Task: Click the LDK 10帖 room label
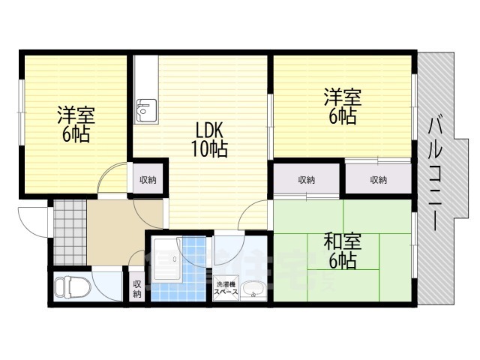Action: click(210, 139)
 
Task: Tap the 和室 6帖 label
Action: click(343, 251)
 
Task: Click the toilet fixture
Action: click(73, 287)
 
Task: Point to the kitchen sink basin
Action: click(146, 110)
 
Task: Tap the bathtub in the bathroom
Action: click(166, 259)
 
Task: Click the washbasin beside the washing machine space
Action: click(253, 289)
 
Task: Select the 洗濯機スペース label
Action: click(226, 288)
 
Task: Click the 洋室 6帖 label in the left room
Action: click(76, 124)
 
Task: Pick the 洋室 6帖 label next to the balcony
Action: click(343, 106)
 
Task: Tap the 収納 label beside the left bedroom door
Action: click(148, 180)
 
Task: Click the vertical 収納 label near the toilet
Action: click(136, 289)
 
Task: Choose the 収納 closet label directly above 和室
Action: click(307, 180)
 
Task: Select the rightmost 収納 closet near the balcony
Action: click(379, 180)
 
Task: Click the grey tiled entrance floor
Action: click(70, 232)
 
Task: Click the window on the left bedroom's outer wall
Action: click(22, 112)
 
